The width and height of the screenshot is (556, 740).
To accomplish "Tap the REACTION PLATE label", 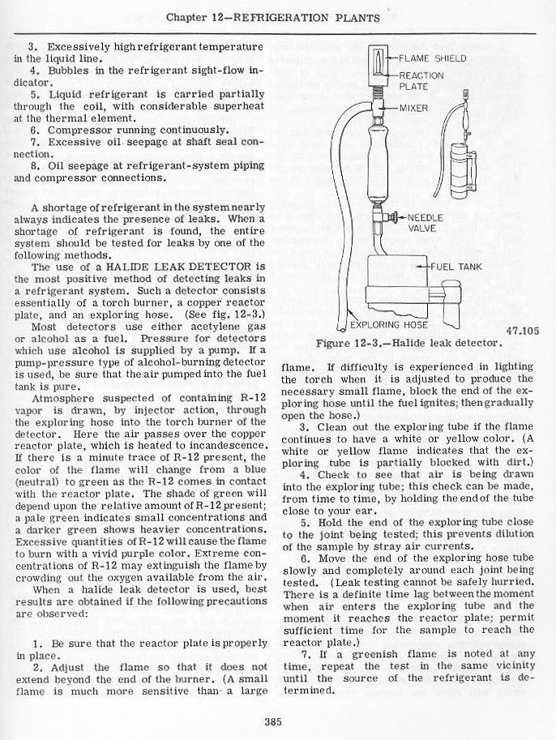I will [421, 80].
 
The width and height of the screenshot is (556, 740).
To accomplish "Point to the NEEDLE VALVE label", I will [424, 223].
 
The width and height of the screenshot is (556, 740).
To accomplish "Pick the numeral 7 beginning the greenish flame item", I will [303, 653].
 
